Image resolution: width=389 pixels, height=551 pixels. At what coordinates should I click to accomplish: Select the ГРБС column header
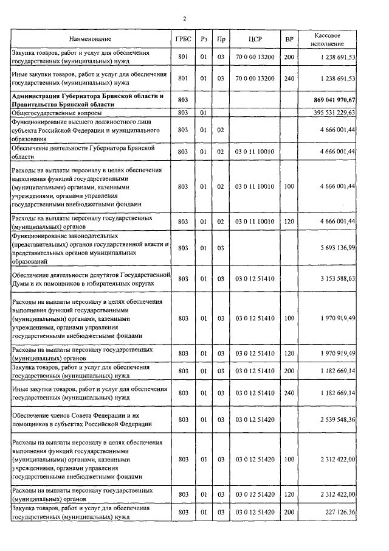(x=183, y=40)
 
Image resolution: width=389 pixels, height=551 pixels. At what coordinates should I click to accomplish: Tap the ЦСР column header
(x=255, y=40)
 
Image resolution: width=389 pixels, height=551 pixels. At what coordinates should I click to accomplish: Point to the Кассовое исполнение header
(x=328, y=40)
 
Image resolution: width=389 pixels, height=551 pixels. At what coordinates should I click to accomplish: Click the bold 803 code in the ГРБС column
(x=183, y=99)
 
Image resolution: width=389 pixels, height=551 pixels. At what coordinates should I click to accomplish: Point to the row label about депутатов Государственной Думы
(x=89, y=279)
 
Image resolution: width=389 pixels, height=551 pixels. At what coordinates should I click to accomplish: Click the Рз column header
(x=204, y=40)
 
